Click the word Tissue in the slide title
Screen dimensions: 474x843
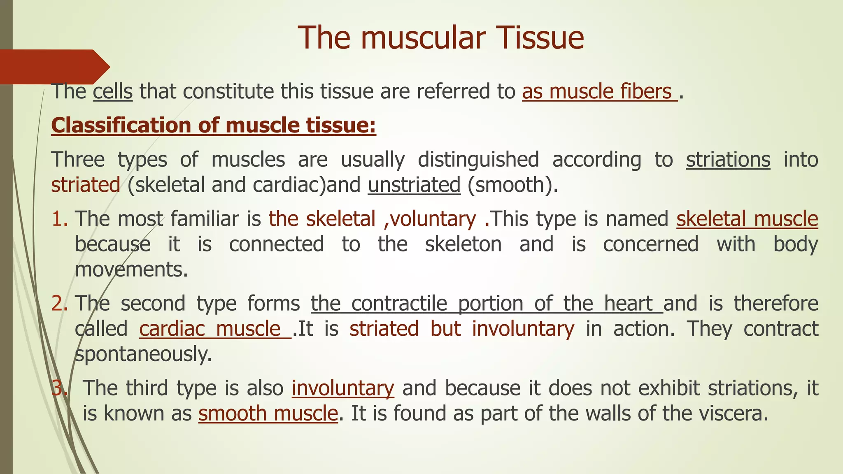pyautogui.click(x=538, y=38)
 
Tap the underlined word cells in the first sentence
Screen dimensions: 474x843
pyautogui.click(x=112, y=91)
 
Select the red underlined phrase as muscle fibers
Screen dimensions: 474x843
pyautogui.click(x=599, y=91)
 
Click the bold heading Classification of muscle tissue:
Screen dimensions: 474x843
pyautogui.click(x=214, y=125)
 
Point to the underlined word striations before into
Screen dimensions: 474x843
pyautogui.click(x=728, y=160)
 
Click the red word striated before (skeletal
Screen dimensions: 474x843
pyautogui.click(x=86, y=185)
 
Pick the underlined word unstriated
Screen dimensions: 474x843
pyautogui.click(x=414, y=185)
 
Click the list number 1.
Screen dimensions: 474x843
pyautogui.click(x=60, y=219)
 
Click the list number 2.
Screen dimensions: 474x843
pyautogui.click(x=60, y=304)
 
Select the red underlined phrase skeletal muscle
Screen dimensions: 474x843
pyautogui.click(x=747, y=219)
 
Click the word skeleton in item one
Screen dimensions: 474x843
pyautogui.click(x=463, y=244)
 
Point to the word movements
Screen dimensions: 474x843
pyautogui.click(x=131, y=270)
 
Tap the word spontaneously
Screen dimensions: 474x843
pyautogui.click(x=143, y=354)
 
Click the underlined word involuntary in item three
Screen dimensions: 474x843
pyautogui.click(x=342, y=388)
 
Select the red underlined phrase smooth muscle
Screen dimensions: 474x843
pyautogui.click(x=268, y=414)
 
